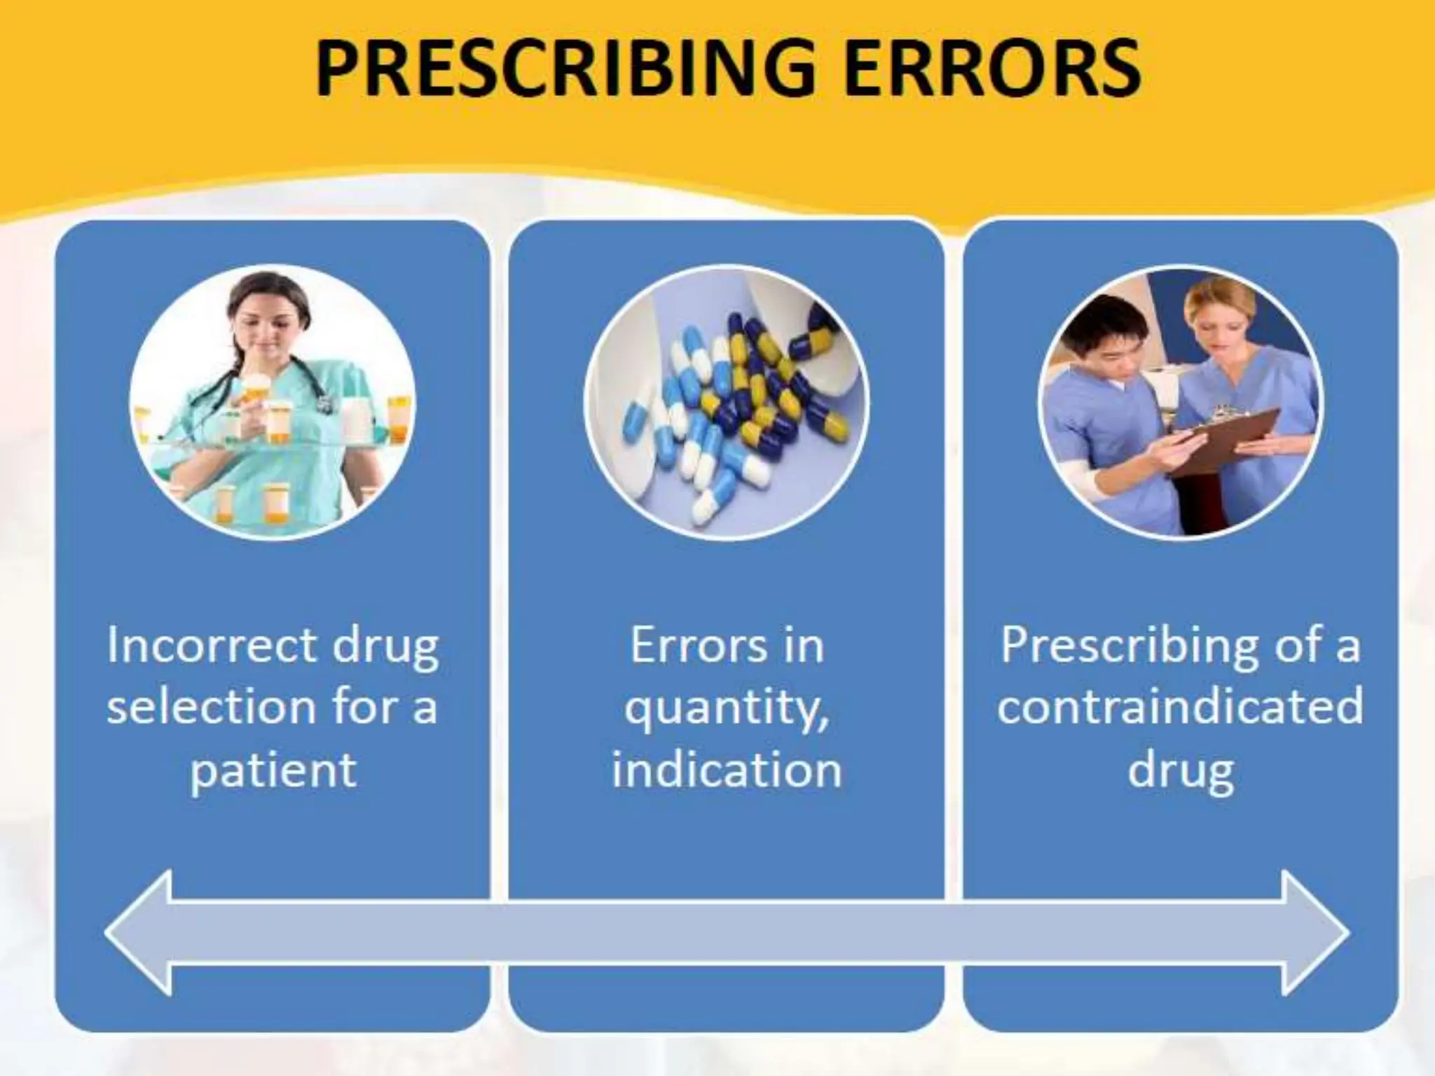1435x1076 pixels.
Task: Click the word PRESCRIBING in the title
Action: tap(565, 69)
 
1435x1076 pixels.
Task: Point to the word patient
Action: tap(273, 770)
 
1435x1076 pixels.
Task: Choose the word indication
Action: tap(727, 770)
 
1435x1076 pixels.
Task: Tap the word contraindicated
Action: tap(1181, 706)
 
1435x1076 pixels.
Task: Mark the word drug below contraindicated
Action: tap(1181, 770)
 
